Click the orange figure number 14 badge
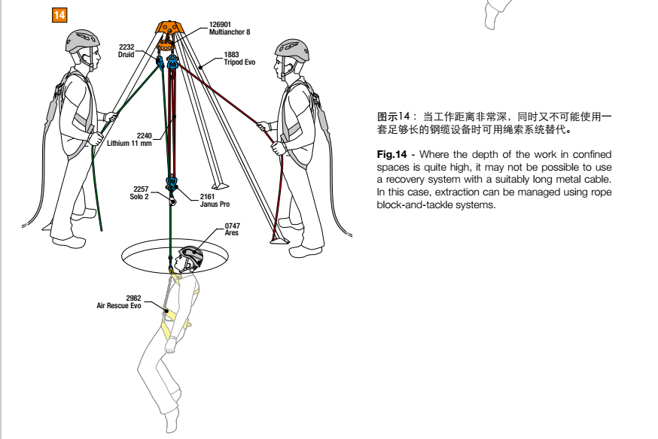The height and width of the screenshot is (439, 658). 59,15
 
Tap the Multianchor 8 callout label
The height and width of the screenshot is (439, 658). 230,29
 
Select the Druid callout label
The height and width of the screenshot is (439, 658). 126,50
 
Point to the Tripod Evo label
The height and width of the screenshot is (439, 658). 239,58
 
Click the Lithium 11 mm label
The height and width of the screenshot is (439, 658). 129,140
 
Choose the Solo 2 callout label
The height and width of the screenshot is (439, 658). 140,192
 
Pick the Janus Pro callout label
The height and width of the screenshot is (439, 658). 215,200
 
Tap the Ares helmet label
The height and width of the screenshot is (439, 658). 232,229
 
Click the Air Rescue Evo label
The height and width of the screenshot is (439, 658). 119,301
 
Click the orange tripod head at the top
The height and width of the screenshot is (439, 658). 169,28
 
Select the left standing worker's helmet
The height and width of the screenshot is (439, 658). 82,41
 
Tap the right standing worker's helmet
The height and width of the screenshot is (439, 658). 293,50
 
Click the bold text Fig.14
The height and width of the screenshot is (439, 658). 391,154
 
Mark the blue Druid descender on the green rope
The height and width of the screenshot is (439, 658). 160,62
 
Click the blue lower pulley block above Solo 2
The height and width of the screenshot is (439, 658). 171,183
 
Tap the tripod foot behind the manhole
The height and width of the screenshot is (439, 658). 220,186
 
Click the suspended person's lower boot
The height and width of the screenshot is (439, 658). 171,421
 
